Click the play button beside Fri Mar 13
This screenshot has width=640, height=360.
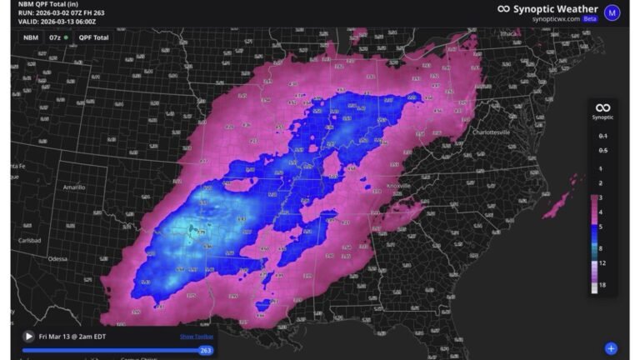[29, 336]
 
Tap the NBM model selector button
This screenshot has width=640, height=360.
[30, 37]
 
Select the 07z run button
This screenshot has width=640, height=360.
[57, 37]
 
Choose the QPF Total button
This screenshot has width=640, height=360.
[93, 37]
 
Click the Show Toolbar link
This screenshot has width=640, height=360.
[197, 337]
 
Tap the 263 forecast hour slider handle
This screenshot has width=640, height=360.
[206, 351]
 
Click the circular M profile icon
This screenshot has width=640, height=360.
[612, 12]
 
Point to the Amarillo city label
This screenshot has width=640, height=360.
[74, 187]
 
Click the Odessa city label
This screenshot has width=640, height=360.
[57, 259]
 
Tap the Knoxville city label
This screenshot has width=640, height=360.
[399, 185]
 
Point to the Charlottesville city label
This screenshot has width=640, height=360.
[496, 132]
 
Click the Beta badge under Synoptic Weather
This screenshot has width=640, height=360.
[590, 17]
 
